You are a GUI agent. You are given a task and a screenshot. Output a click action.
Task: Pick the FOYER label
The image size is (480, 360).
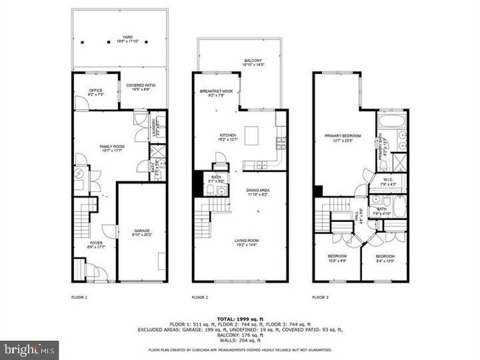(x=96, y=244)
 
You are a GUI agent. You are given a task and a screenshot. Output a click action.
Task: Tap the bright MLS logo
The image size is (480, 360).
(x=30, y=349)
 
